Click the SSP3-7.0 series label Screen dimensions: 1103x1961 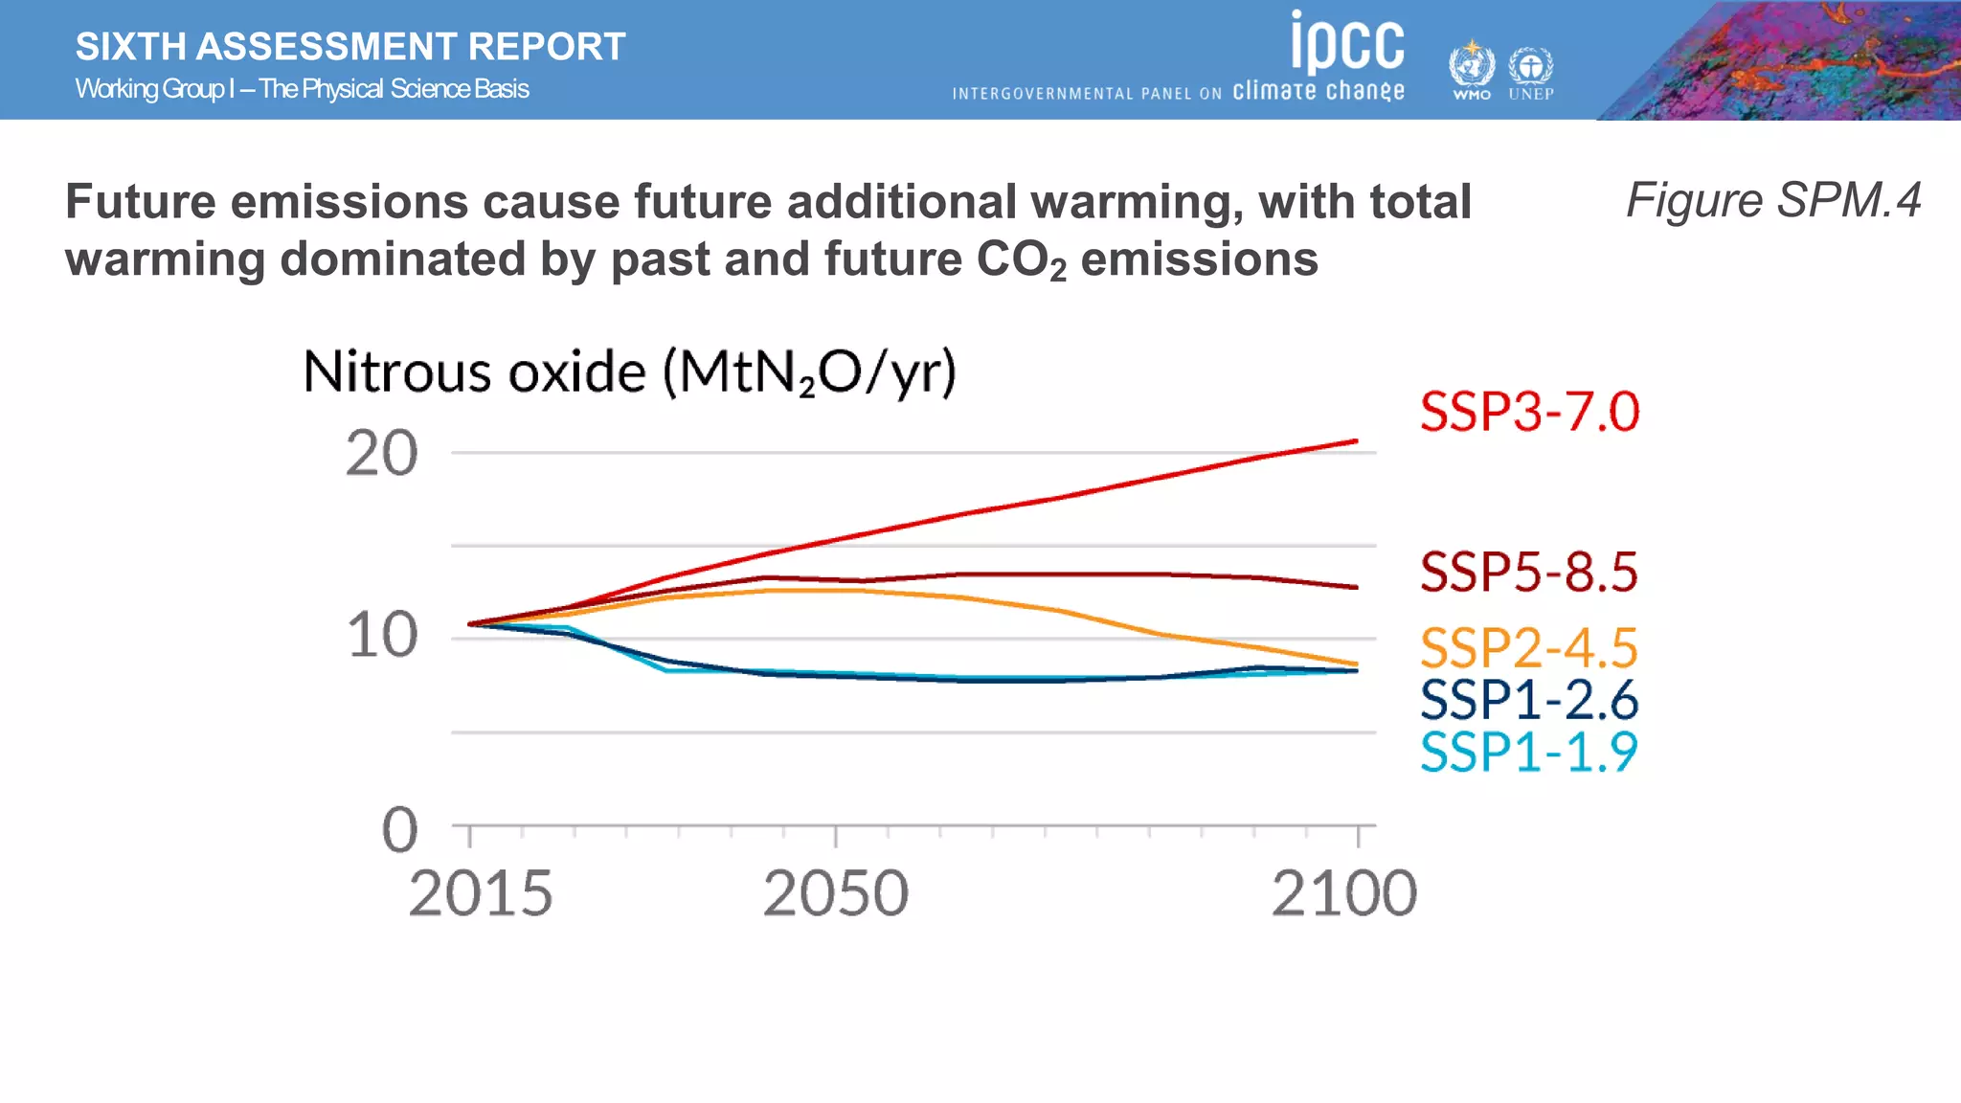(x=1529, y=413)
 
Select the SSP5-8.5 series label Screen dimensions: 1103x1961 (x=1529, y=573)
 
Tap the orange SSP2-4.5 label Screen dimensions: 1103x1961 (x=1529, y=648)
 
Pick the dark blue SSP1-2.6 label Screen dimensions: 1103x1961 (x=1529, y=700)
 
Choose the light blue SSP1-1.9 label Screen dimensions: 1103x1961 (x=1529, y=752)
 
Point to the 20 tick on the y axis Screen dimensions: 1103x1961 (x=381, y=454)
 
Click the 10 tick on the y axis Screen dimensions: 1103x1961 (x=381, y=636)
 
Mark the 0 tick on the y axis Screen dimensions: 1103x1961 (x=399, y=829)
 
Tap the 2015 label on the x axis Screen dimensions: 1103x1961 (x=481, y=893)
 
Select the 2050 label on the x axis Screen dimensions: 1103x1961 (x=835, y=893)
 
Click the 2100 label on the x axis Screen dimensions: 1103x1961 (x=1343, y=893)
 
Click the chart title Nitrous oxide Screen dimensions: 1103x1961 (x=629, y=372)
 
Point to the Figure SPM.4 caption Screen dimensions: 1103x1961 (x=1772, y=200)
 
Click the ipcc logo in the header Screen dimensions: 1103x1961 (x=1347, y=43)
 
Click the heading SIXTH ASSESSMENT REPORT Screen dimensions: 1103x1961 (x=350, y=47)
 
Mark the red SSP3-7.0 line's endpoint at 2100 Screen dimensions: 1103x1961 (x=1356, y=441)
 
